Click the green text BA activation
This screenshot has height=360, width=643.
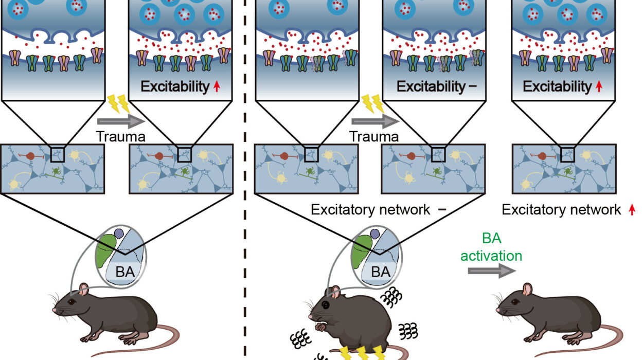pos(491,247)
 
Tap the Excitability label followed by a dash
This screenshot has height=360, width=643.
pos(435,86)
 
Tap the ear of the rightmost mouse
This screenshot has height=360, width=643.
pos(527,290)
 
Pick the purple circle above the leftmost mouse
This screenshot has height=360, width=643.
pos(119,233)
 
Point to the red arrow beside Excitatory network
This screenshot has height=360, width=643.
pos(632,210)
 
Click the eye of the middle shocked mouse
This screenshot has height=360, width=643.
pos(326,305)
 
